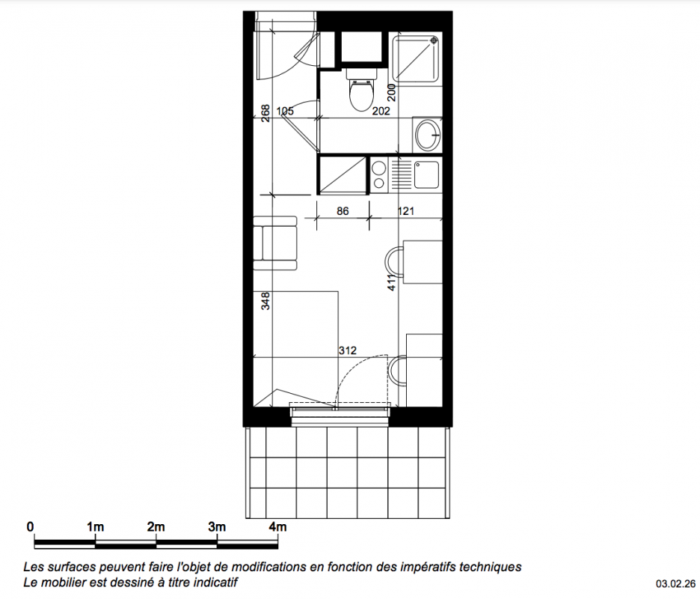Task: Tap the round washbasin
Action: click(x=428, y=134)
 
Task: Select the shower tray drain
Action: click(x=435, y=40)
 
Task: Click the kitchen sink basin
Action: click(x=426, y=174)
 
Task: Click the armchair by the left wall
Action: click(x=275, y=243)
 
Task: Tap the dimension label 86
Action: click(x=343, y=210)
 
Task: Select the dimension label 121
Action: click(x=406, y=210)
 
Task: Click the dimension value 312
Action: click(x=347, y=350)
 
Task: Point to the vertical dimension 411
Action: click(x=392, y=282)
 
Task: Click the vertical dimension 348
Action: click(x=265, y=301)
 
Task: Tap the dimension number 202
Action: click(x=381, y=111)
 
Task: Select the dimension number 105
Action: click(x=285, y=111)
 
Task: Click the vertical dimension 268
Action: click(x=265, y=113)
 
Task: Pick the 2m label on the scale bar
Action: click(x=156, y=527)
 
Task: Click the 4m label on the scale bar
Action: click(x=277, y=527)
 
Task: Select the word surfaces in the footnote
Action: click(x=67, y=568)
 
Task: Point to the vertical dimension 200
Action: click(x=392, y=92)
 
